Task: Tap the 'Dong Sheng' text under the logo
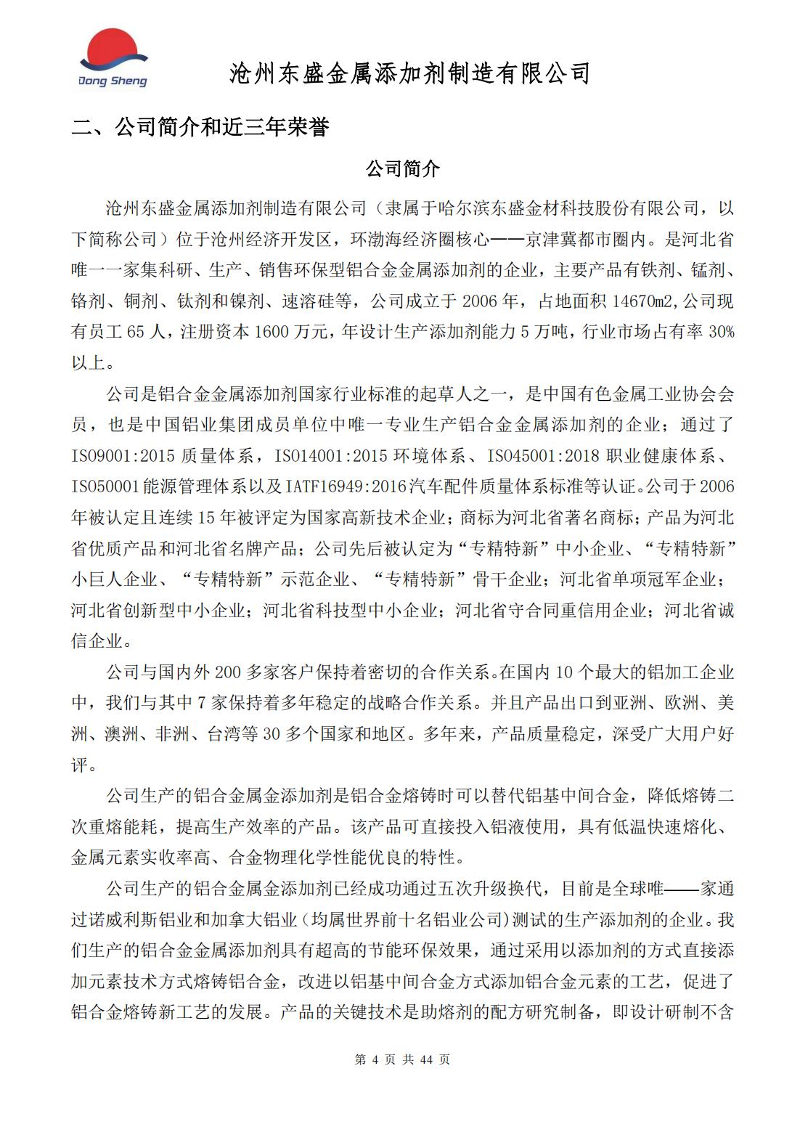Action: coord(113,81)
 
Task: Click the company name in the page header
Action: coord(409,73)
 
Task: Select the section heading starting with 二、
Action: coord(200,128)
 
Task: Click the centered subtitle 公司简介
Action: coord(403,170)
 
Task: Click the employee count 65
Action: coord(136,333)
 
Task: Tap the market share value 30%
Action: coord(721,333)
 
